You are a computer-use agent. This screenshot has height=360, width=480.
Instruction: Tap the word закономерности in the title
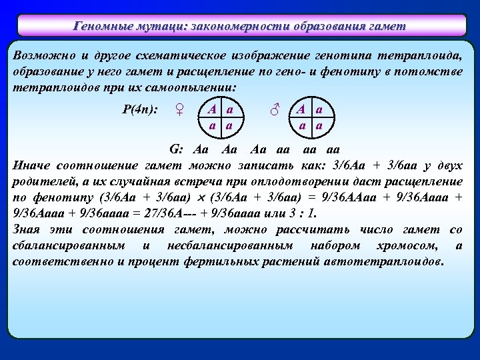(237, 27)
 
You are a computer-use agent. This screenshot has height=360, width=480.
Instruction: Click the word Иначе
(32, 165)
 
